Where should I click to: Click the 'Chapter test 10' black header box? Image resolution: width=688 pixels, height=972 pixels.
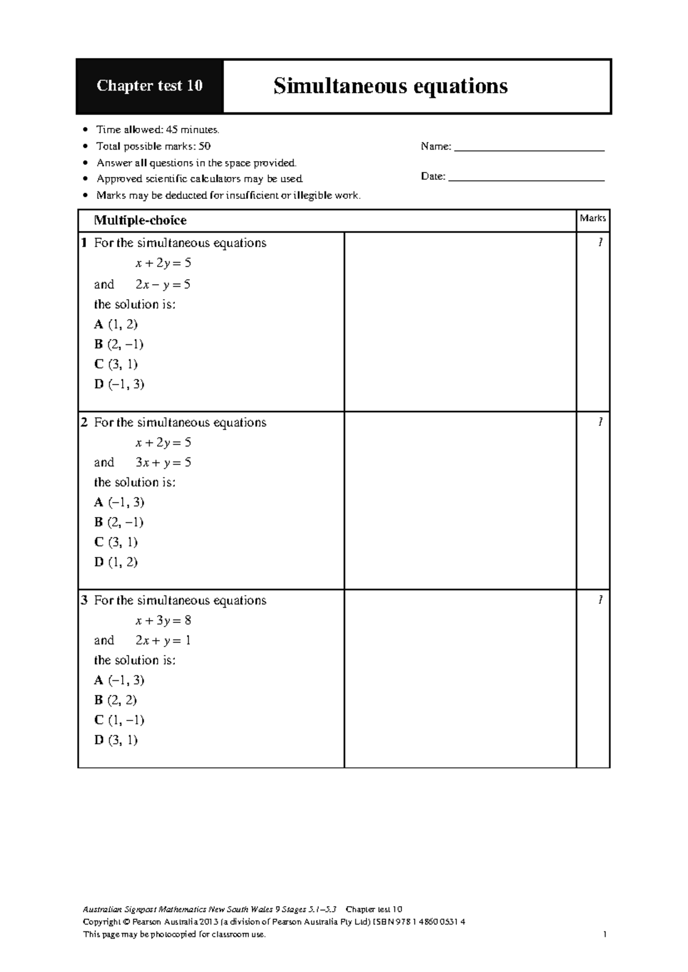[149, 86]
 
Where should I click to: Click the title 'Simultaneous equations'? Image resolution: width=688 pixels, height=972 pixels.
[390, 86]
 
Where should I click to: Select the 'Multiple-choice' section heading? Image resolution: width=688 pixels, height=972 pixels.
[140, 221]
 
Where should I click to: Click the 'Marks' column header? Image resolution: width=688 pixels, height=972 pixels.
[592, 218]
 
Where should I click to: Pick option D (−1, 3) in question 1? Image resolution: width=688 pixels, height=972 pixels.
[119, 384]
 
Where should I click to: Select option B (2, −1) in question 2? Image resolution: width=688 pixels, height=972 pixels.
[119, 522]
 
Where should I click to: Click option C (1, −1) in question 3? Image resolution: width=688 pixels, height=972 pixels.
[119, 720]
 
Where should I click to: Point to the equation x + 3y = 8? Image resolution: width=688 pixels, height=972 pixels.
[163, 620]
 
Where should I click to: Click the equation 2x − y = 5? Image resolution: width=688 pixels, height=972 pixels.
[163, 284]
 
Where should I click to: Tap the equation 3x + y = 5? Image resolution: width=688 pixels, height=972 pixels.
[163, 462]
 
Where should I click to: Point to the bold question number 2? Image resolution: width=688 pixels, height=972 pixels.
[84, 422]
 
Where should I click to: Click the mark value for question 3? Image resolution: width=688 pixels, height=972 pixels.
[600, 600]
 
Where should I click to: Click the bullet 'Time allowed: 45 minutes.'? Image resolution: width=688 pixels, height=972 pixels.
[158, 130]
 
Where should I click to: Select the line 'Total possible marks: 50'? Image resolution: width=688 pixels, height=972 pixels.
[154, 146]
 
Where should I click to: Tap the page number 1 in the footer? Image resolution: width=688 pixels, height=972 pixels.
[605, 935]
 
